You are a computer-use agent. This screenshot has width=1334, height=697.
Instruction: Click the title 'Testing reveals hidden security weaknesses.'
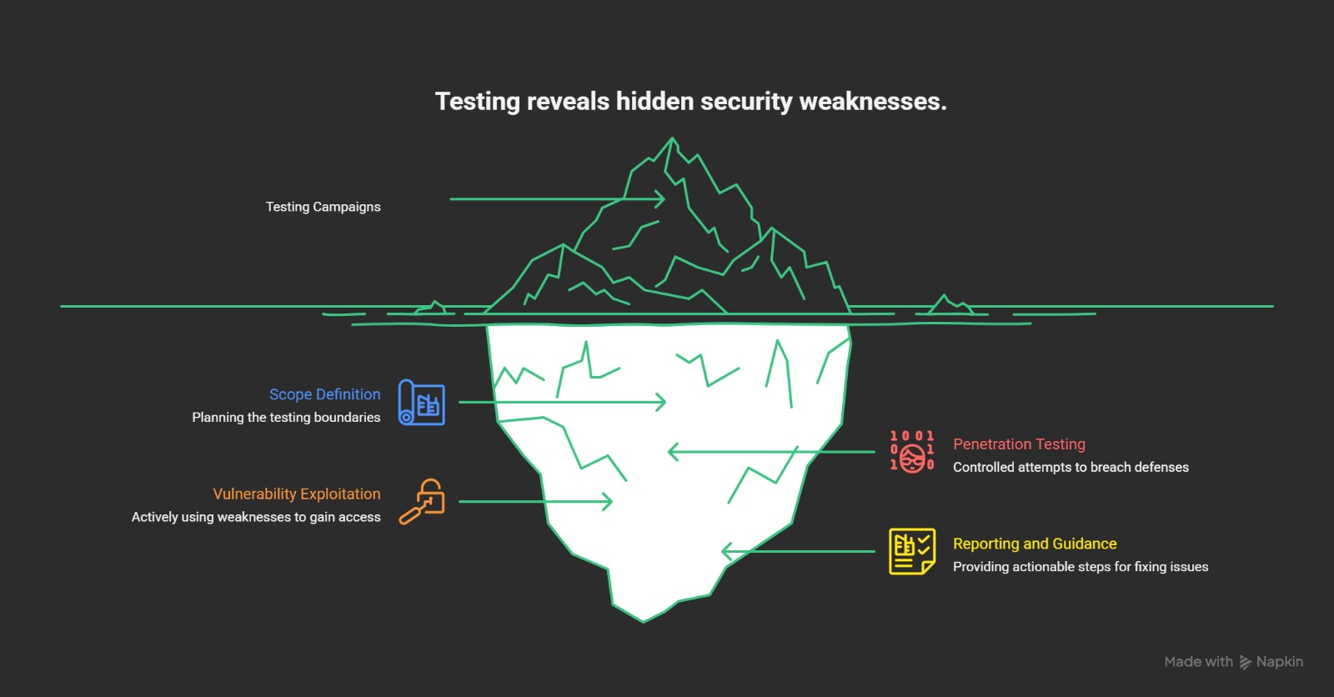tap(690, 102)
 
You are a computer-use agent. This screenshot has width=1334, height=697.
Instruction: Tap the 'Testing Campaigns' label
tap(323, 207)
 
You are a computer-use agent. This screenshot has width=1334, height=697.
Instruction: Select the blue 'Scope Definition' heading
tap(324, 394)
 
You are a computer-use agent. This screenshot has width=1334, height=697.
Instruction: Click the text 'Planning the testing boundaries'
tap(286, 417)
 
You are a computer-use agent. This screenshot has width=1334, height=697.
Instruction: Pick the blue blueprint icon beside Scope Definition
tap(421, 403)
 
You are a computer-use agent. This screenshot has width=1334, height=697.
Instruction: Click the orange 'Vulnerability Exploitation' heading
tap(296, 494)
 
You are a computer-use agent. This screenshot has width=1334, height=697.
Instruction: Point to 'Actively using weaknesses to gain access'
tap(256, 517)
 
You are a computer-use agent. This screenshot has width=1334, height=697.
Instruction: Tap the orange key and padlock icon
tap(422, 501)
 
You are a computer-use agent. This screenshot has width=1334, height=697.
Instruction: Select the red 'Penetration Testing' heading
tap(1019, 444)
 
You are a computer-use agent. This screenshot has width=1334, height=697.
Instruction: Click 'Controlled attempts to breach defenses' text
tap(1071, 467)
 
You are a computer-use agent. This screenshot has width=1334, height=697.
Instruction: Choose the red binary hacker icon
tap(912, 452)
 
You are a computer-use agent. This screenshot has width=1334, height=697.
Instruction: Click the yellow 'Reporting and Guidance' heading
tap(1035, 544)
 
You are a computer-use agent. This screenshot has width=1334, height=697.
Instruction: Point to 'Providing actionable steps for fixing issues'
tap(1081, 567)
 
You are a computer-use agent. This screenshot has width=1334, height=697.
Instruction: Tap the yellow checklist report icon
tap(911, 551)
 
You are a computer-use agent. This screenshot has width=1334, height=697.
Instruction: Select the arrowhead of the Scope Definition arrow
tap(663, 402)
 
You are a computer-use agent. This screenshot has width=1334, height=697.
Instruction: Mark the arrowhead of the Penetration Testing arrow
tap(672, 452)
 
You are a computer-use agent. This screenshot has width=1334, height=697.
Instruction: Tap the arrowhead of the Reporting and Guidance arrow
tap(725, 551)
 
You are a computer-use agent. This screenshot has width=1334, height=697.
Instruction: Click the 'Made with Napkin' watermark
tap(1233, 662)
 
